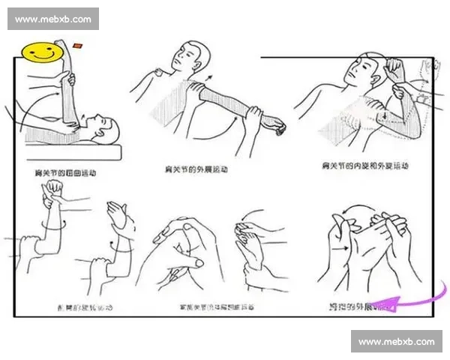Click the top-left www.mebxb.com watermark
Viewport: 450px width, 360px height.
pos(53,19)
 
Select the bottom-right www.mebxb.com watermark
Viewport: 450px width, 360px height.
pos(396,342)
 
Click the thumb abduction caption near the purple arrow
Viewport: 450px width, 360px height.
pos(360,307)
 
